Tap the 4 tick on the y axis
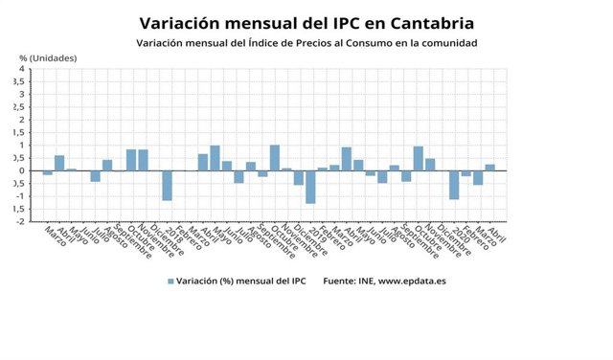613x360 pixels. coord(22,69)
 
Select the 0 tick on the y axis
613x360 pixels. coord(22,170)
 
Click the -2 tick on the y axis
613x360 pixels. coord(20,221)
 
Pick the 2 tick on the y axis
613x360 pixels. coord(22,120)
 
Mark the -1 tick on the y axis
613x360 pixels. coord(20,196)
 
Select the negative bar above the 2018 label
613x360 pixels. coord(167,185)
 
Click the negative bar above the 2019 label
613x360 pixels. coord(310,187)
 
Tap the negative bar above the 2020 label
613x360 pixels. coord(454,185)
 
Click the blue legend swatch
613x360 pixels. coord(170,281)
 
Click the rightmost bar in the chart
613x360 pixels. coord(489,168)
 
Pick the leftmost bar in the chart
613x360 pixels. coord(47,172)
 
